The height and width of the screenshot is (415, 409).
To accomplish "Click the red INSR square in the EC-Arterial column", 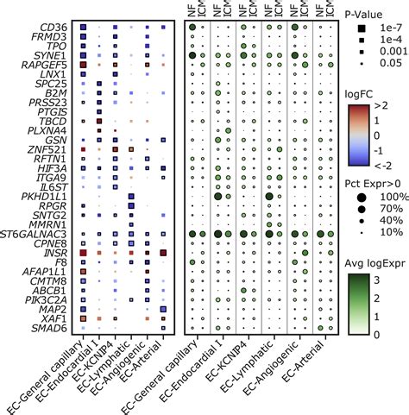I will click(x=163, y=252).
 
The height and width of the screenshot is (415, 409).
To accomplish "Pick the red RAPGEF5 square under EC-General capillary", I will click(x=82, y=63).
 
